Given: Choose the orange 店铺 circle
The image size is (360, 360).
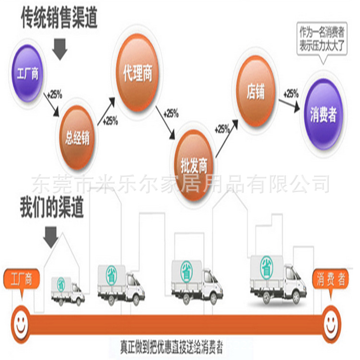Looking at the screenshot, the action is pos(256,91).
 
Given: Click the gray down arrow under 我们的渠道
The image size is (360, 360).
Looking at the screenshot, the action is pos(50,235).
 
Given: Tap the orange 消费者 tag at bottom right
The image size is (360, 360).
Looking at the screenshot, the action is pos(330,280).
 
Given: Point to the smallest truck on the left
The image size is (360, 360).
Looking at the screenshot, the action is pos(68,290).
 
